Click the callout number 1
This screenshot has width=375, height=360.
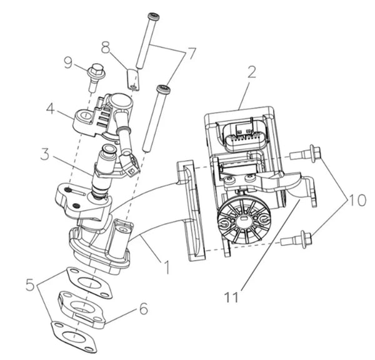click(x=167, y=267)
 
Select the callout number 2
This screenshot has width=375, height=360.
click(x=251, y=72)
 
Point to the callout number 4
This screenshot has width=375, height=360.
click(x=51, y=109)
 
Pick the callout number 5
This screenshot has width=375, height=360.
click(x=31, y=284)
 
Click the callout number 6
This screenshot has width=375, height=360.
click(x=144, y=308)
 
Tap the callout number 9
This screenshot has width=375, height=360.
click(x=68, y=62)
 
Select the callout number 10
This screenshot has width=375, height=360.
click(x=357, y=200)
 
